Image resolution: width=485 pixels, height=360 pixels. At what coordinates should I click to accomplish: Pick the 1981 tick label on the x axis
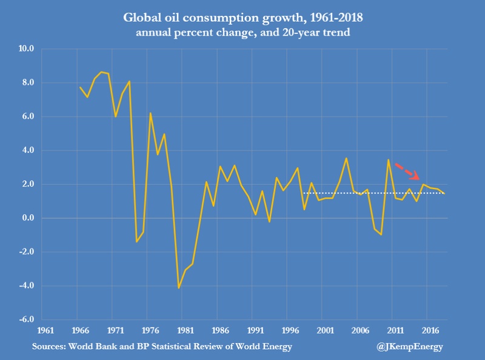click(184, 331)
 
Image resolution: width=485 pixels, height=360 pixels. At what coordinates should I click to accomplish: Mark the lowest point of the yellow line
click(179, 288)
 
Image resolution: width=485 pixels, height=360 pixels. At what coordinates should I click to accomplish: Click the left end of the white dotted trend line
click(303, 193)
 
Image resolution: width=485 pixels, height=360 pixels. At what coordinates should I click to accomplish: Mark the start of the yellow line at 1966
click(80, 87)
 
